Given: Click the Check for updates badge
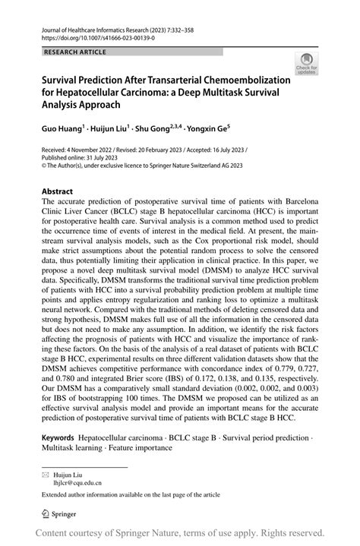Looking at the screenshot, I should pyautogui.click(x=306, y=64).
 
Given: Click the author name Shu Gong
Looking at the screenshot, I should pyautogui.click(x=154, y=130).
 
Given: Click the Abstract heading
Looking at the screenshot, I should pyautogui.click(x=58, y=192).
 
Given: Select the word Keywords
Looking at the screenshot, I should pyautogui.click(x=58, y=438).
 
